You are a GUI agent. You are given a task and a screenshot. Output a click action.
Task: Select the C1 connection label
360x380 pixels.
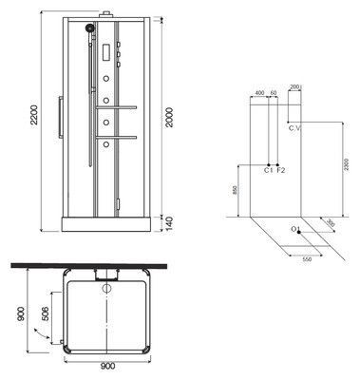(269, 170)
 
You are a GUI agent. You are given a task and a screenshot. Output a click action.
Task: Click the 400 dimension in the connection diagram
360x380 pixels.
(258, 92)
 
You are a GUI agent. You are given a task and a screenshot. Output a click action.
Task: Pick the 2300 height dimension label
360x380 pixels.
(351, 161)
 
